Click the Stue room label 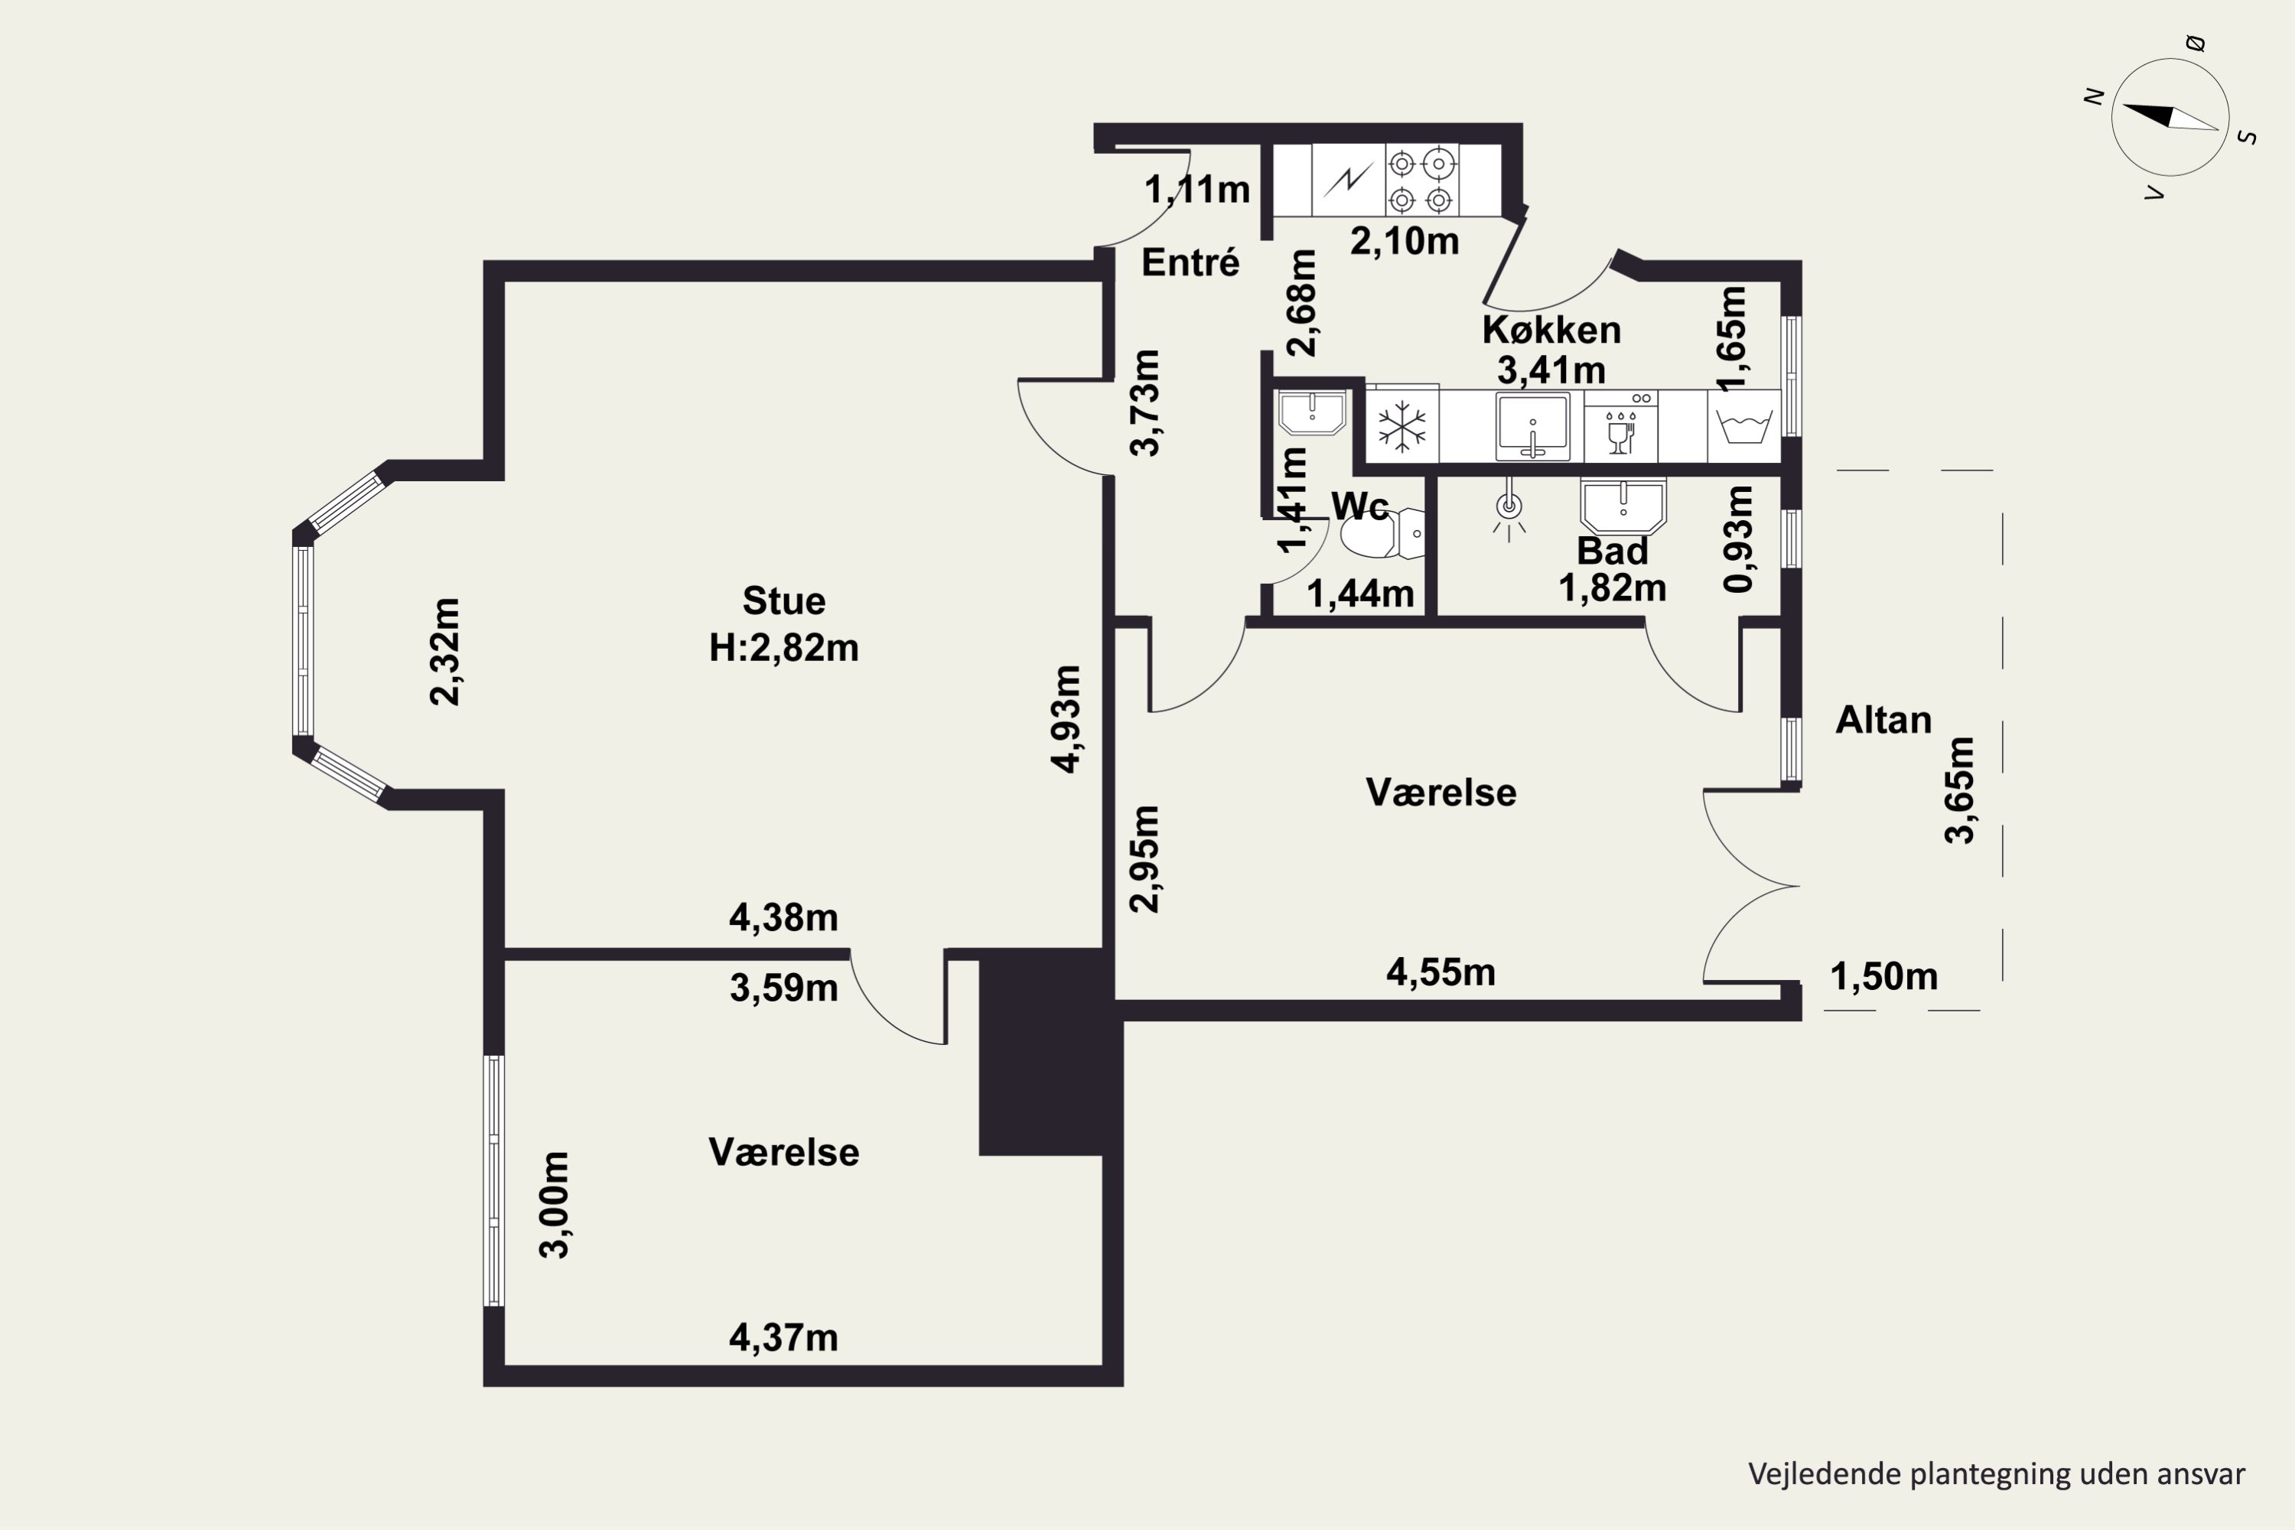(x=783, y=601)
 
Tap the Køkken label (x=1551, y=330)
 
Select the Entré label (x=1190, y=262)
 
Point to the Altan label (x=1883, y=720)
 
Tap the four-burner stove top (x=1421, y=180)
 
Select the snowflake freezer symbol (x=1401, y=426)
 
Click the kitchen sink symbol (x=1533, y=426)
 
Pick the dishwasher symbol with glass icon (x=1621, y=426)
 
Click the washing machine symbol (x=1743, y=426)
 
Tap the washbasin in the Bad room (x=1623, y=506)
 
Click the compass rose (x=2170, y=117)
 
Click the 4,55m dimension (x=1440, y=972)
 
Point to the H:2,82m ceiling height (x=783, y=648)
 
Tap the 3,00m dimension (x=554, y=1205)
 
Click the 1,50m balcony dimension (x=1883, y=976)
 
